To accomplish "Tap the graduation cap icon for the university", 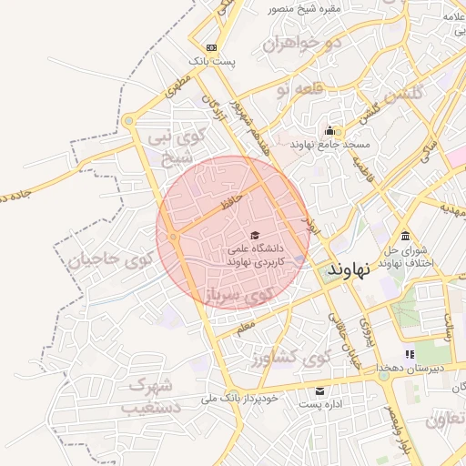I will (253, 235).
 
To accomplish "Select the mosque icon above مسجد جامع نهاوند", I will (329, 130).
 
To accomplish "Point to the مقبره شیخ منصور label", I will (303, 9).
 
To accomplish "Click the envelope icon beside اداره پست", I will (319, 391).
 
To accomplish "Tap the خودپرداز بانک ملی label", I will (250, 398).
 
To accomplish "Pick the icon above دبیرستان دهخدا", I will (410, 354).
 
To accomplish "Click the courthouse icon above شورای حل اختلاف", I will (404, 237).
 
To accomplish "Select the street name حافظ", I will (230, 198).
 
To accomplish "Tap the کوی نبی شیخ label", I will (179, 147).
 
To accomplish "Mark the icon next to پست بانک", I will (211, 46).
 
